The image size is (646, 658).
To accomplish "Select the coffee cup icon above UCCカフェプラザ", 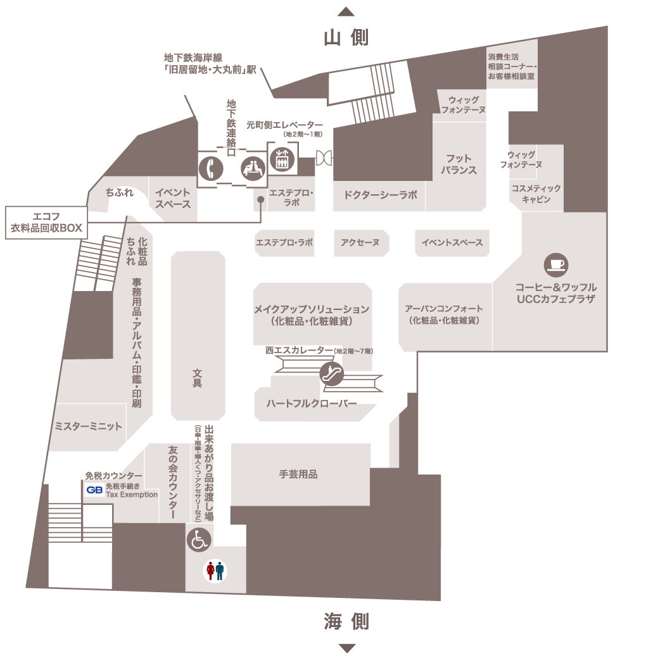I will [x=557, y=263].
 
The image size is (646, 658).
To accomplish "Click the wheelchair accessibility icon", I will [x=198, y=540].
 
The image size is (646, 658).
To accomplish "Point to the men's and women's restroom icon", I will [x=214, y=571].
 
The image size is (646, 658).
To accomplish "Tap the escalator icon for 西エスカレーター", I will [x=331, y=374].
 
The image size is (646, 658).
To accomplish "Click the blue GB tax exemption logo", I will [x=95, y=490].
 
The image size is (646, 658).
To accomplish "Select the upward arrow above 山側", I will [x=346, y=11].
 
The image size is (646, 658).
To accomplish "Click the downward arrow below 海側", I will [x=346, y=647].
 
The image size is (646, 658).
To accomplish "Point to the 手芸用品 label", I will [x=298, y=474].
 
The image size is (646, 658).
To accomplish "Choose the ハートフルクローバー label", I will [x=312, y=404].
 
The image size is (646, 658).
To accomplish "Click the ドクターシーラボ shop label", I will [x=380, y=195].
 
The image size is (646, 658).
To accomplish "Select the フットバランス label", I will [x=459, y=164].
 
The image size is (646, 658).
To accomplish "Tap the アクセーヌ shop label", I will [x=360, y=243].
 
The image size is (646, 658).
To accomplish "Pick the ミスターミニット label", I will [x=88, y=426].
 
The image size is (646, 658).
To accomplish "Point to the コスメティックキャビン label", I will [x=536, y=194].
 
